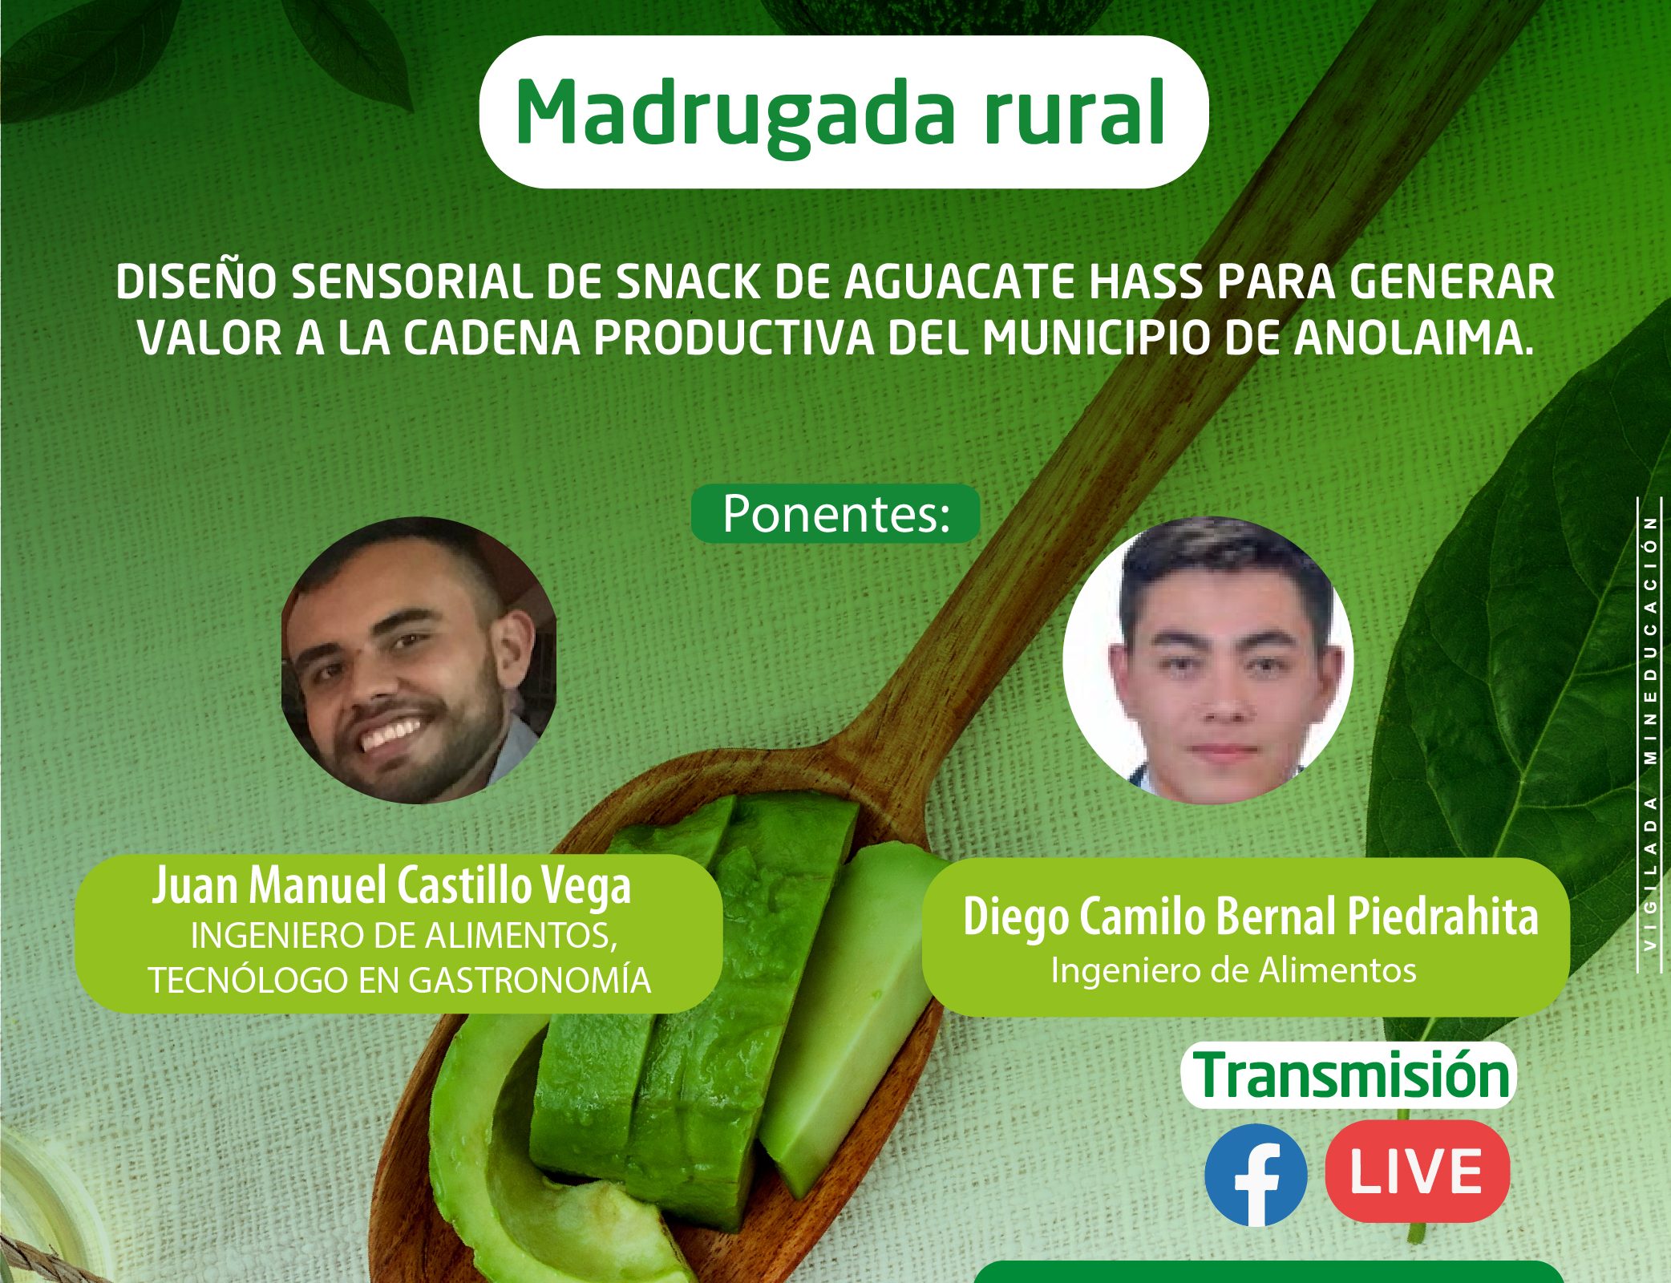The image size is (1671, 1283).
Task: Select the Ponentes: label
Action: point(836,513)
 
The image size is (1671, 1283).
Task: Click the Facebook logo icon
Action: point(1256,1174)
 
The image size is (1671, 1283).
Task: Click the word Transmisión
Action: point(1351,1075)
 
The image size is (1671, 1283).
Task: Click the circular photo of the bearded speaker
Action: point(419,660)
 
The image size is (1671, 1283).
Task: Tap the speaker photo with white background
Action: point(1208,660)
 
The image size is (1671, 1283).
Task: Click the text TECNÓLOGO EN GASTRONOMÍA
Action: point(399,980)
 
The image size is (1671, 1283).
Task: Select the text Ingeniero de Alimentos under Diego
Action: point(1233,970)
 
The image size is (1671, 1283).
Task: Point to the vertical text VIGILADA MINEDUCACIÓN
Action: point(1649,733)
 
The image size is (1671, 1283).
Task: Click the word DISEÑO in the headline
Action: point(197,282)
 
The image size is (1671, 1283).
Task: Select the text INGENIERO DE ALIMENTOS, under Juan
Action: point(404,935)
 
